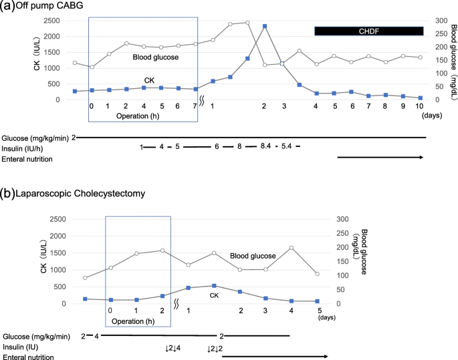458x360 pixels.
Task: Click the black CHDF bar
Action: click(368, 31)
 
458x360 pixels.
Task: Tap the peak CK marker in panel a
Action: click(265, 26)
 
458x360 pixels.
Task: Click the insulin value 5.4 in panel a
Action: click(287, 146)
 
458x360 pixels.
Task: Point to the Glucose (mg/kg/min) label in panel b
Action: click(39, 336)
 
